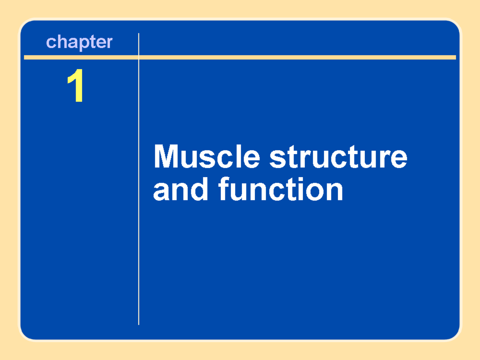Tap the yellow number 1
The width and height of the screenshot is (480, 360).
(x=76, y=86)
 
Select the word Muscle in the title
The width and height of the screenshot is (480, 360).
(x=206, y=157)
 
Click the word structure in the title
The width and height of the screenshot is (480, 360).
(x=338, y=158)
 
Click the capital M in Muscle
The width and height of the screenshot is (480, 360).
(x=165, y=157)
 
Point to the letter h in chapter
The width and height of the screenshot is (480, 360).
(x=60, y=42)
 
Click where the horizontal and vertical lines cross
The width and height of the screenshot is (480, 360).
(x=139, y=57)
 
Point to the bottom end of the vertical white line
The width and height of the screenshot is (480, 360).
(x=139, y=324)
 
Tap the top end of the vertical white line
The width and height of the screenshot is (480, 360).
(x=139, y=34)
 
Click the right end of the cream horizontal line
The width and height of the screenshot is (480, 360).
(x=455, y=57)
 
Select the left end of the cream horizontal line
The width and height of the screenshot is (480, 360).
(x=25, y=57)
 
